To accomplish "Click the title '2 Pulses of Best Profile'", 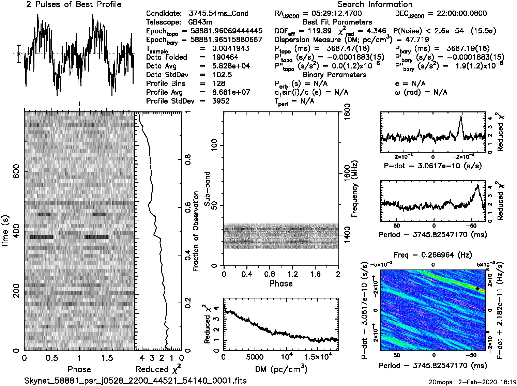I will (74, 4).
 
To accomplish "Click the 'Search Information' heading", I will (375, 4).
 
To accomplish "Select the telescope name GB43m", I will (201, 22).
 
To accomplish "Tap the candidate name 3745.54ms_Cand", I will (218, 14).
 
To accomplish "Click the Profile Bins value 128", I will (218, 83).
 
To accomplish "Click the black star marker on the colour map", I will (477, 289).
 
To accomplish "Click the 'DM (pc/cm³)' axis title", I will (281, 369).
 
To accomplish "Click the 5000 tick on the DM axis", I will (255, 357).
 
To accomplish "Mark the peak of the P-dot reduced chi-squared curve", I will (461, 116).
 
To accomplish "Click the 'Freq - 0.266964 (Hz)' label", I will (433, 254).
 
